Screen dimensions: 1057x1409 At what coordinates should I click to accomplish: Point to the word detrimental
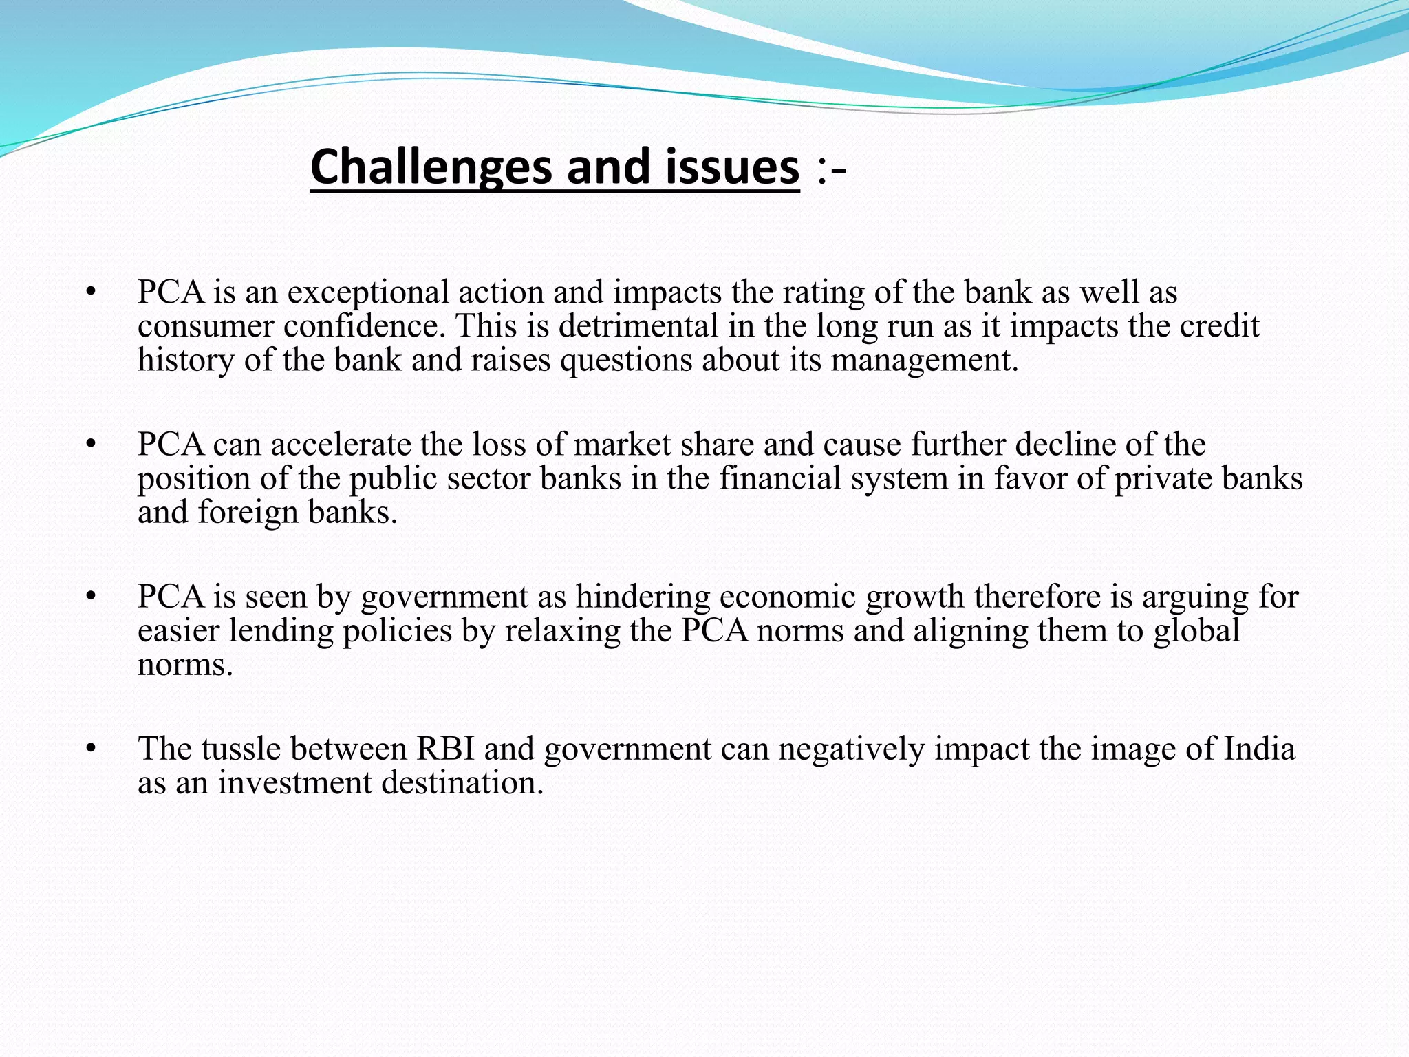638,326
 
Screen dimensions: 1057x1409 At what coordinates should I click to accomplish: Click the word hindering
643,597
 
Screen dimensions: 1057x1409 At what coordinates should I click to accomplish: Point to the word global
1196,630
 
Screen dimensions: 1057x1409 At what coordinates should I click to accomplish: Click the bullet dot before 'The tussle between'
89,749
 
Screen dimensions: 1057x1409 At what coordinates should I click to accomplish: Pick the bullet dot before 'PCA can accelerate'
89,445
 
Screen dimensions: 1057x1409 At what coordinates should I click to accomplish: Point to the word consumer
206,326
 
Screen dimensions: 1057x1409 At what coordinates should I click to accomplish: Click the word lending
281,630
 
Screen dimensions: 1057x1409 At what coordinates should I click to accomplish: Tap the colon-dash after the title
831,169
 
